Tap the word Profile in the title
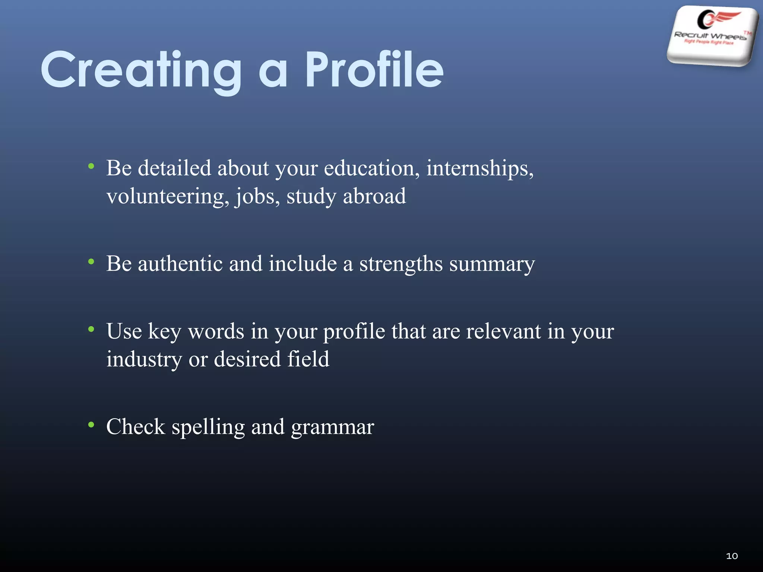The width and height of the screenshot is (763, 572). (374, 70)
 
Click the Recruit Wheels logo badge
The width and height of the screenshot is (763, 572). (712, 36)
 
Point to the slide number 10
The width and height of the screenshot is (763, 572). (732, 556)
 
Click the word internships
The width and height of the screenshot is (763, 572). (479, 169)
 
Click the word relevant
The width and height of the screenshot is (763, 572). (503, 331)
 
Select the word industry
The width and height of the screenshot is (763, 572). (144, 360)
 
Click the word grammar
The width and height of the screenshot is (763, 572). (332, 428)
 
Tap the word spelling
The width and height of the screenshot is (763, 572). (208, 428)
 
